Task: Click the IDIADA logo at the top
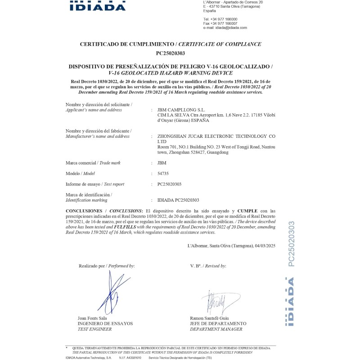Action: click(98, 6)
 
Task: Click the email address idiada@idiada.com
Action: click(231, 27)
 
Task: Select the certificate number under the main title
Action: click(171, 53)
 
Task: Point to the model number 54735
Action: click(163, 173)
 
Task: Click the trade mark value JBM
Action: click(161, 162)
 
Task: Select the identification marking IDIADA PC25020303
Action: click(178, 200)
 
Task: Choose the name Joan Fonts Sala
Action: click(93, 318)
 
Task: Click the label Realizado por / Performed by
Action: click(107, 266)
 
